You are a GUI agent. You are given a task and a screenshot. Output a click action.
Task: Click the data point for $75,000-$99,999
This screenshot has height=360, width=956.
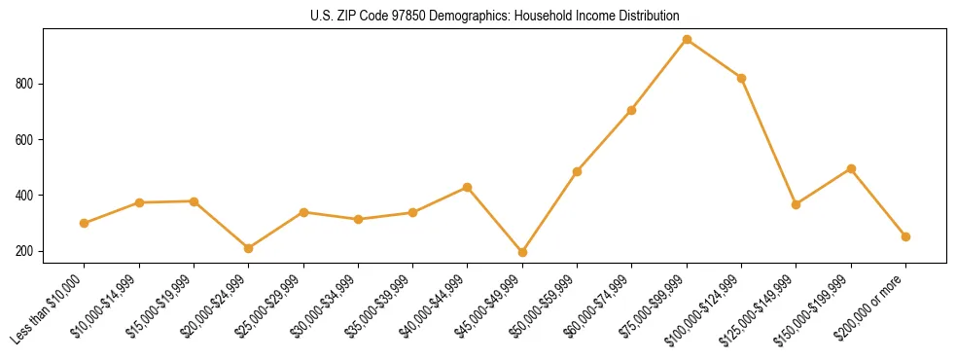[687, 40]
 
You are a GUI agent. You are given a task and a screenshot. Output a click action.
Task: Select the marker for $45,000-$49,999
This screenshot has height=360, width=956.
[522, 252]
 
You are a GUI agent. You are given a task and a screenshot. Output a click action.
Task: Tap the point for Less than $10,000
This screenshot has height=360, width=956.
[85, 223]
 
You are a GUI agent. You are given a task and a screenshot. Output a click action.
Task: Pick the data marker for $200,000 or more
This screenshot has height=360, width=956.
[905, 236]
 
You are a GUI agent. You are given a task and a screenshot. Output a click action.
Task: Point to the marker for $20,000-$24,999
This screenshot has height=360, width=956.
[249, 248]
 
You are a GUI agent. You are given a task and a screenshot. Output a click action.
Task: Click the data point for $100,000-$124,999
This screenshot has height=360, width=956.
[741, 78]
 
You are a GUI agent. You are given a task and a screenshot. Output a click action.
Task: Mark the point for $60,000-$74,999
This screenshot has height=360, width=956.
[632, 110]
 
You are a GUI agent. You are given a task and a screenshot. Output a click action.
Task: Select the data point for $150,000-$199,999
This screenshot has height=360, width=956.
[851, 168]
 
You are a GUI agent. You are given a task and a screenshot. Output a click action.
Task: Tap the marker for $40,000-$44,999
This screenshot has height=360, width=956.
[468, 187]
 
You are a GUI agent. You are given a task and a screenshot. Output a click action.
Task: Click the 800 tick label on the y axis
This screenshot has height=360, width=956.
[25, 85]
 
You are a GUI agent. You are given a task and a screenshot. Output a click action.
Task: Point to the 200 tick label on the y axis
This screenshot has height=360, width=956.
[25, 251]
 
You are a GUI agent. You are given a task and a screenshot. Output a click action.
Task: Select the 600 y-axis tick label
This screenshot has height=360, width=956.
[25, 140]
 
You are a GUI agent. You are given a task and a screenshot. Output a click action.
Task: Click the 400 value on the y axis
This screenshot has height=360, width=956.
[25, 196]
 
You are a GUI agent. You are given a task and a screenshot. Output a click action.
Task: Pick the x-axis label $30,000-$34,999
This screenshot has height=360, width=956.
[328, 307]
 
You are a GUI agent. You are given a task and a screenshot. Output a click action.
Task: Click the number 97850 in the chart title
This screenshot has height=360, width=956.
[390, 17]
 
